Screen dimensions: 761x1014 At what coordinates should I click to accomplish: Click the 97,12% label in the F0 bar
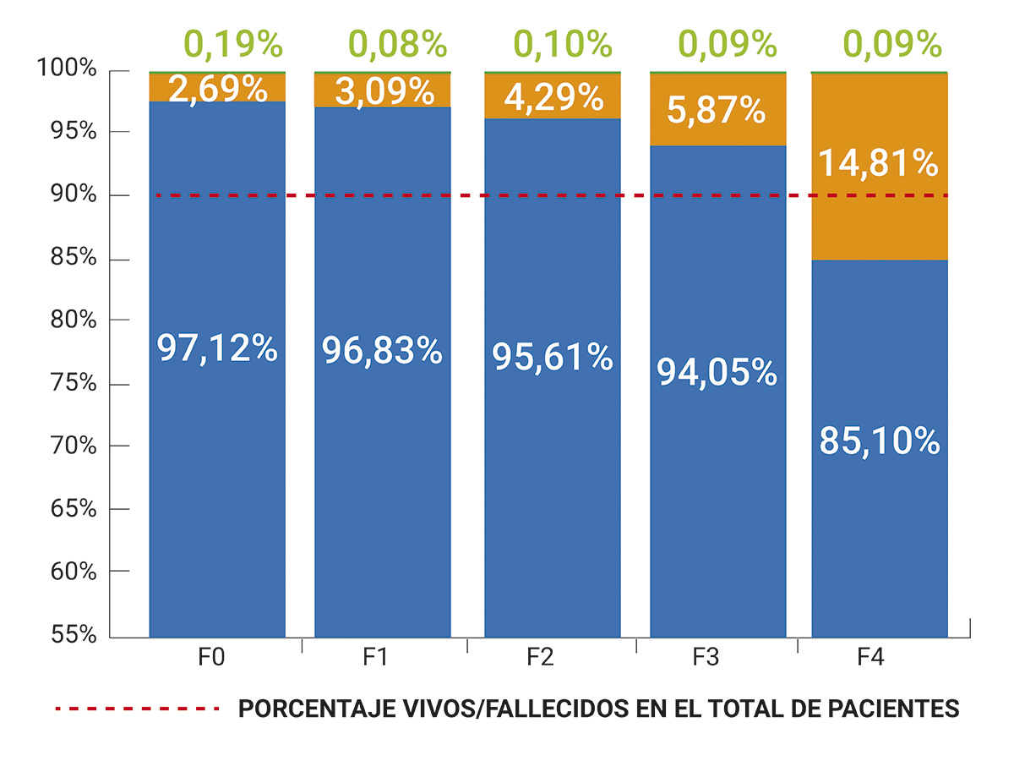[x=217, y=348]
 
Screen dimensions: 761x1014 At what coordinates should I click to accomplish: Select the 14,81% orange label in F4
[x=879, y=163]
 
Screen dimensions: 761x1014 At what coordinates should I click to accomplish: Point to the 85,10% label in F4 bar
[x=879, y=441]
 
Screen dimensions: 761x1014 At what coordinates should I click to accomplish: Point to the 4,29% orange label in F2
[x=553, y=97]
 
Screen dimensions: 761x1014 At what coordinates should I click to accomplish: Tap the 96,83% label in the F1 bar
[x=382, y=350]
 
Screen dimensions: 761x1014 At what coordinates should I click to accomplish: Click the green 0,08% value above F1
[x=398, y=44]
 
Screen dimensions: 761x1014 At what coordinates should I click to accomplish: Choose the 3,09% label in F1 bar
[x=382, y=90]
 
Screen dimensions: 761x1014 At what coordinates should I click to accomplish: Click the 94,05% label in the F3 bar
[x=717, y=372]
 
